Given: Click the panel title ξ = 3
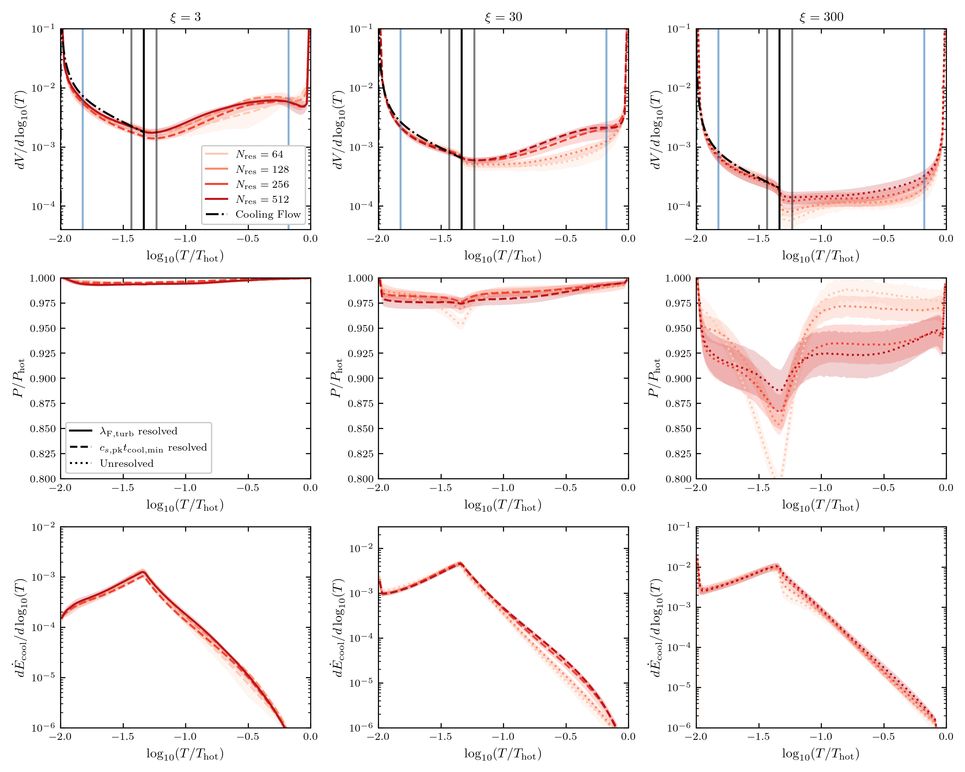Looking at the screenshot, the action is point(185,17).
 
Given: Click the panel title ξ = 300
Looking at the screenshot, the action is point(821,17).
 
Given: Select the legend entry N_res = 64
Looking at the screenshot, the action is point(244,154).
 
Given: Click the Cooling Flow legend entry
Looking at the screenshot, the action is point(253,214).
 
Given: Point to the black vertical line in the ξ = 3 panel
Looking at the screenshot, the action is point(144,129).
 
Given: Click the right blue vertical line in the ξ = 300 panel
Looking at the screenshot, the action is point(924,129).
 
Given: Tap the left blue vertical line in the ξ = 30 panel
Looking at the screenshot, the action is point(400,129).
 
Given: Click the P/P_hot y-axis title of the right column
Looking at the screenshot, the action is point(654,378).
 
